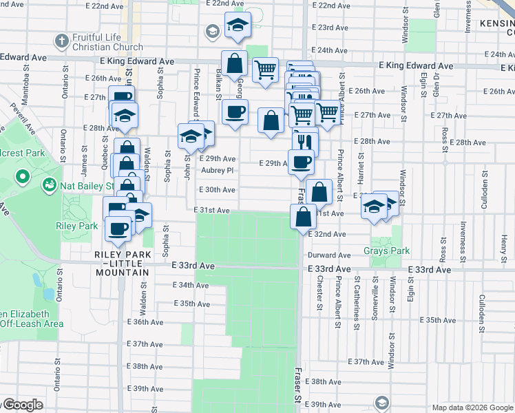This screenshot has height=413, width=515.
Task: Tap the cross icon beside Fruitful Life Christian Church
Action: coord(61,40)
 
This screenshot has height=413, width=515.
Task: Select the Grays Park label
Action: coord(386,251)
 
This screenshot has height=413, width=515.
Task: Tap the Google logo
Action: coord(25,405)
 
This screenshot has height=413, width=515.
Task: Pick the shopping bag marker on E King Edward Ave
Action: coord(235,63)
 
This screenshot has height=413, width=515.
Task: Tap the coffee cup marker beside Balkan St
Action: coord(235,112)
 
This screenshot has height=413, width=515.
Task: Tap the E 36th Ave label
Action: coord(145,322)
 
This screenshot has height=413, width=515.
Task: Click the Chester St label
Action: coord(320,293)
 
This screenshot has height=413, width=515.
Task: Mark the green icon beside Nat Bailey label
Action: coord(50,184)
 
